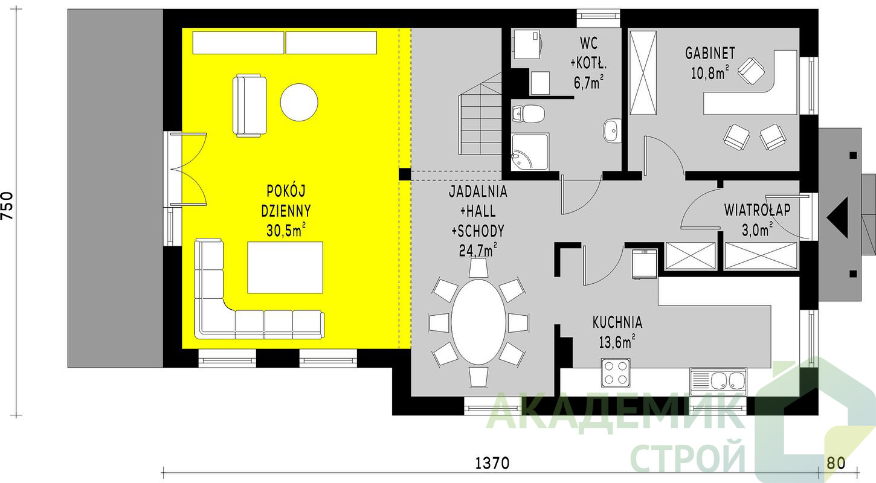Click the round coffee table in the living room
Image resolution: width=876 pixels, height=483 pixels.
pyautogui.click(x=299, y=102)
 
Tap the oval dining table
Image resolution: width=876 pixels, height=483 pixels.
pyautogui.click(x=478, y=322)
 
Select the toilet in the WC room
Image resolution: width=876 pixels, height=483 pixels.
pyautogui.click(x=529, y=114)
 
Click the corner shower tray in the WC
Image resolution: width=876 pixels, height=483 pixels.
pyautogui.click(x=530, y=152)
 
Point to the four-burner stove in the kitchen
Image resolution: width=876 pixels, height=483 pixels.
pyautogui.click(x=616, y=373)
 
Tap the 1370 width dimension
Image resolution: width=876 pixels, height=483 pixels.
pyautogui.click(x=492, y=464)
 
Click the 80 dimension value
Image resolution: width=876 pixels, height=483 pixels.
pyautogui.click(x=836, y=464)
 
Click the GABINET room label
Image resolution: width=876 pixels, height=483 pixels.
pyautogui.click(x=710, y=54)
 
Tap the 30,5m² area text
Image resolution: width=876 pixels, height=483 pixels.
pyautogui.click(x=286, y=230)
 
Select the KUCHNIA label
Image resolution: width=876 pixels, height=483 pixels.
pyautogui.click(x=617, y=322)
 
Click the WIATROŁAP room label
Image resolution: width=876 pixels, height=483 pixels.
pyautogui.click(x=757, y=210)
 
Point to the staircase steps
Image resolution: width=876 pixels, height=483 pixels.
pyautogui.click(x=480, y=114)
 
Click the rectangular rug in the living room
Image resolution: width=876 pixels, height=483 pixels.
pyautogui.click(x=285, y=267)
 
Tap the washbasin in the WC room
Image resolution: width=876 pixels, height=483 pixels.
pyautogui.click(x=611, y=130)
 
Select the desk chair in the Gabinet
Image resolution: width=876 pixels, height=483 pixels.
pyautogui.click(x=751, y=71)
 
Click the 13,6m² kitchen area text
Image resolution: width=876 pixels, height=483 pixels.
pyautogui.click(x=617, y=342)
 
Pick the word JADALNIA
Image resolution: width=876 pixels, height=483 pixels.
pyautogui.click(x=478, y=191)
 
